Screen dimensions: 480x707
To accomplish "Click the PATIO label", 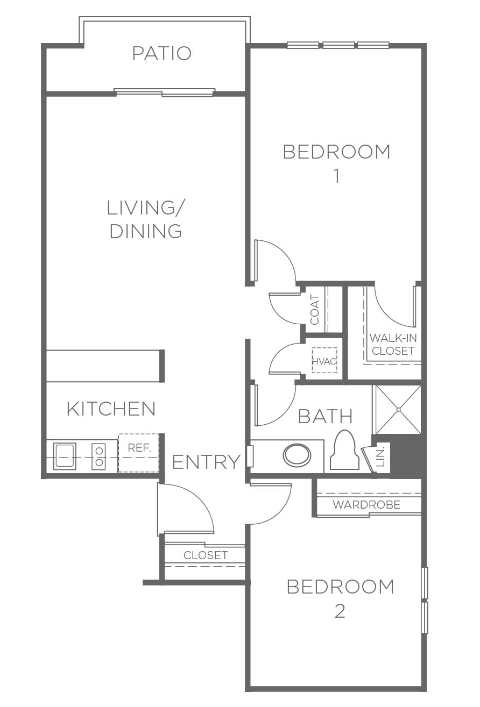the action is tap(161, 53).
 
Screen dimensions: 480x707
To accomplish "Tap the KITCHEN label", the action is tap(111, 409).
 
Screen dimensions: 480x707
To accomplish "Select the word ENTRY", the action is tap(206, 462).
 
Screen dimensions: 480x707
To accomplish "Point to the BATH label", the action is tap(325, 416).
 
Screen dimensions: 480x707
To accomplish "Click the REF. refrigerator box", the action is tap(139, 453).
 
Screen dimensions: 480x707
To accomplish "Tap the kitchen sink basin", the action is tap(65, 455).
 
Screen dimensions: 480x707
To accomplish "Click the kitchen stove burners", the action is tap(99, 456).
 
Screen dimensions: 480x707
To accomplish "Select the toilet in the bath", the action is tap(344, 451).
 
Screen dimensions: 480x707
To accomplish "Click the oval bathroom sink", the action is tap(297, 455).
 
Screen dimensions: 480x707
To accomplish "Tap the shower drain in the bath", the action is tap(399, 410).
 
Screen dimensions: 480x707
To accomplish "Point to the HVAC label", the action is tap(324, 361).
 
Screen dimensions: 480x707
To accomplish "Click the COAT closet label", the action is tap(315, 310).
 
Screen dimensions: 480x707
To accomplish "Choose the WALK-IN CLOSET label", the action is tap(393, 344).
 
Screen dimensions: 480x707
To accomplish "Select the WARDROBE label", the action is tap(366, 505).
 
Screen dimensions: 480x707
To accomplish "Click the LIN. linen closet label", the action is tap(381, 456).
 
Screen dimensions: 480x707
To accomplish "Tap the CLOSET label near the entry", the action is tap(206, 555).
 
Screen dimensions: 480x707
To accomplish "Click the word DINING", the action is tap(146, 231).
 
